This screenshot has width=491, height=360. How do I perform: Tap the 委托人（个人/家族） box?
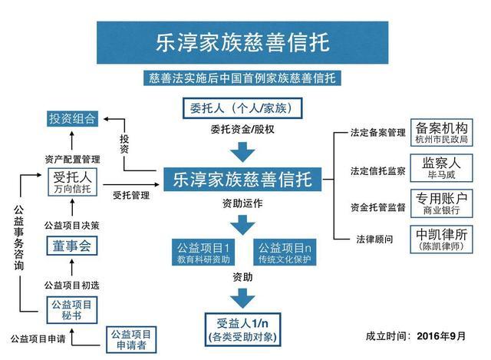click(x=241, y=107)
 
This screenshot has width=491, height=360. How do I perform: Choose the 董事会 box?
click(x=71, y=246)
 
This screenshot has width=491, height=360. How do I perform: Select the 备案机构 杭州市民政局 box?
click(x=440, y=132)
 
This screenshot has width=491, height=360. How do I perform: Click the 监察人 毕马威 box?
click(x=440, y=168)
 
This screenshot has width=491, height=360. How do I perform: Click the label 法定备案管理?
click(x=377, y=133)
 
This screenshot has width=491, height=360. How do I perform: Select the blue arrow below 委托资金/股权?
click(x=242, y=150)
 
